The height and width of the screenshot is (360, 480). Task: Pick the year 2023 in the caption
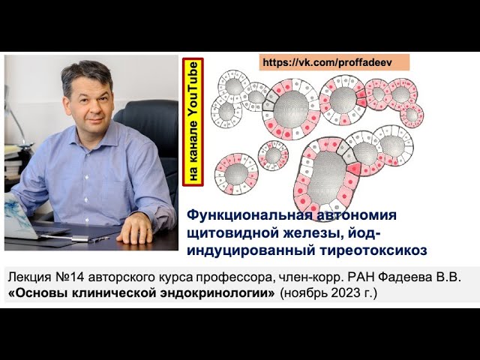coord(341,292)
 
